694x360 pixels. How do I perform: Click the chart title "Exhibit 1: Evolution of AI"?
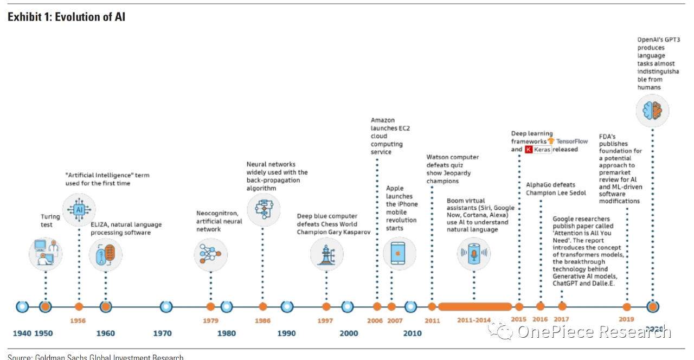[x=66, y=17]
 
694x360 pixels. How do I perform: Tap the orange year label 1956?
[x=78, y=320]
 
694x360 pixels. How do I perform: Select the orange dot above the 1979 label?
[x=211, y=307]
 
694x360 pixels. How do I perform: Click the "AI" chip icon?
[x=79, y=209]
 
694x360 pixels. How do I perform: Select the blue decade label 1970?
[x=162, y=333]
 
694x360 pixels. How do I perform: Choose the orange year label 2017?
[x=562, y=320]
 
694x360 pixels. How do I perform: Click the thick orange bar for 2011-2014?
[x=475, y=307]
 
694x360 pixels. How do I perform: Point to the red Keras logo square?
[x=529, y=149]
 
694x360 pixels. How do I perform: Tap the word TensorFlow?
[x=572, y=141]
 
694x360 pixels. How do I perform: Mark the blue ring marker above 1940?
[x=22, y=307]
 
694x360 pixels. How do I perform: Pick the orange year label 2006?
[x=375, y=320]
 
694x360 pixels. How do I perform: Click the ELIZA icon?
[x=106, y=254]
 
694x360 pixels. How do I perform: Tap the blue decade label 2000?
[x=349, y=333]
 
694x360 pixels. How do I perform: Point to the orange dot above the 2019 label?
[x=627, y=307]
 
